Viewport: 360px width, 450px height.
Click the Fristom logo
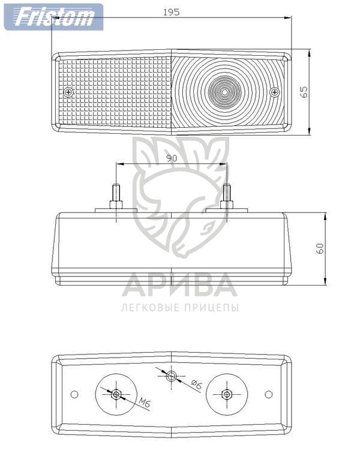(x=53, y=17)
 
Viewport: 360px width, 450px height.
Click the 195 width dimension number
(x=172, y=12)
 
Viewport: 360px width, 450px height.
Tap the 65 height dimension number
(x=304, y=92)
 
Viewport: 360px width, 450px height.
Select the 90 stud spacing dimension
(x=172, y=158)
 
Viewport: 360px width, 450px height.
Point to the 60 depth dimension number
(x=320, y=248)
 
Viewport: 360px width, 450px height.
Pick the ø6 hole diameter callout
(x=196, y=385)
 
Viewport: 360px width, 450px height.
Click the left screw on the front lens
(x=68, y=92)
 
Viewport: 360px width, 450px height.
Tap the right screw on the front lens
(x=275, y=92)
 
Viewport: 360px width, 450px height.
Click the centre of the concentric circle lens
(x=224, y=92)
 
